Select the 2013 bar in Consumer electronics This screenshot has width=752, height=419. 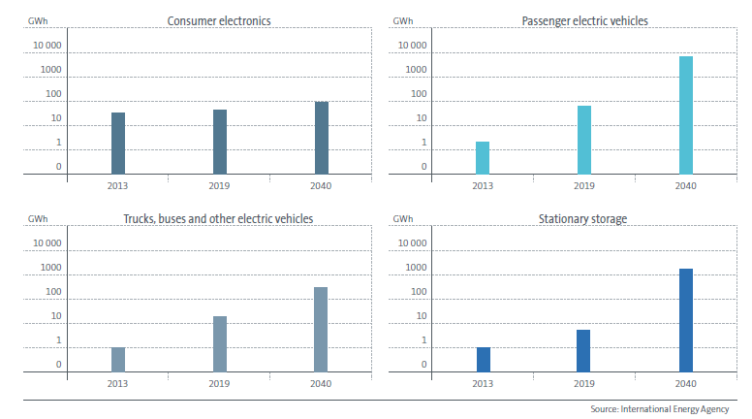point(118,144)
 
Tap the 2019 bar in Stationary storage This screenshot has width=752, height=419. point(583,350)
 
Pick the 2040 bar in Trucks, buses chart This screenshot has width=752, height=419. point(321,329)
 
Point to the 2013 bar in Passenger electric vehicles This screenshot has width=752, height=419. point(483,158)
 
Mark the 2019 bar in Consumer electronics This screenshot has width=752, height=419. point(220,142)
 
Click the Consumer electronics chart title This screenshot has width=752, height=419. point(219,20)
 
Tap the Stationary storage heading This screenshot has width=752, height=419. point(584,219)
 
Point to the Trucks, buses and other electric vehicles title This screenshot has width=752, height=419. point(220,219)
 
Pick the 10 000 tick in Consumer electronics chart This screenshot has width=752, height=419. point(46,46)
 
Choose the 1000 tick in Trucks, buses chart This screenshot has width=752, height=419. point(50,268)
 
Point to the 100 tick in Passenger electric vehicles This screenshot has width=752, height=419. point(417,94)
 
